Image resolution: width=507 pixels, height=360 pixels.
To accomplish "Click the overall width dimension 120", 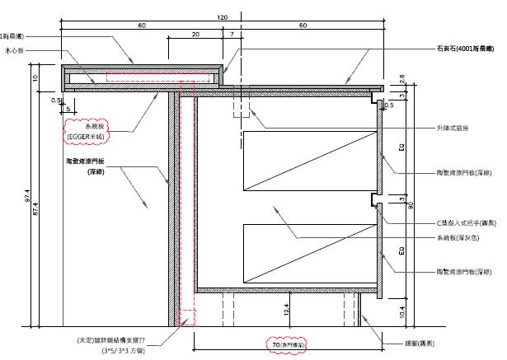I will coord(223,17).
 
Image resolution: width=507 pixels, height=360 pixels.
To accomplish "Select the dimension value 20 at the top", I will coord(195,35).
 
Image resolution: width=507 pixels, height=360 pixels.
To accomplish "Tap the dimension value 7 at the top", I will coord(232,35).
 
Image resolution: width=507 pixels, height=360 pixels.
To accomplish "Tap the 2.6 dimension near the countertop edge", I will coord(401,79).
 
